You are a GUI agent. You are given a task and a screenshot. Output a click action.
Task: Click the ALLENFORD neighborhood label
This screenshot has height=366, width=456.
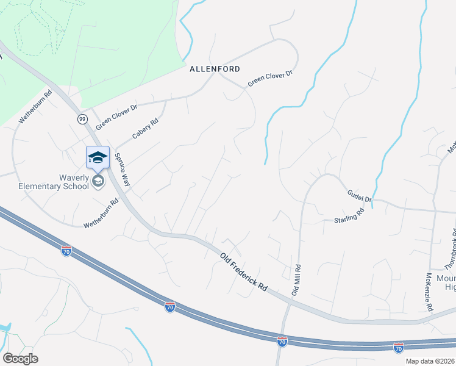214,69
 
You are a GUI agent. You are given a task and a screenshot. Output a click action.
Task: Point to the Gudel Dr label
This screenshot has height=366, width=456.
359,195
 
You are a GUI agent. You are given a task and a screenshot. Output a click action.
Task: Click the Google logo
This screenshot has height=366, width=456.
20,359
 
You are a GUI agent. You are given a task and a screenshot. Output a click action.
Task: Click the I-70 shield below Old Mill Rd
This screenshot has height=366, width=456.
282,342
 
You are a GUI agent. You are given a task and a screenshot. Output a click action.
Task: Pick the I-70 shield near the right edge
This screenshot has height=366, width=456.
399,348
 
